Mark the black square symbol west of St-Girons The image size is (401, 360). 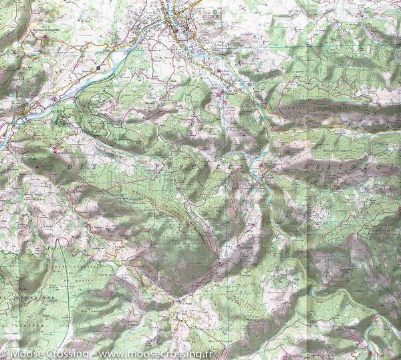pyautogui.click(x=99, y=68)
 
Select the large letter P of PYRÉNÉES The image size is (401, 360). pyautogui.click(x=158, y=163)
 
